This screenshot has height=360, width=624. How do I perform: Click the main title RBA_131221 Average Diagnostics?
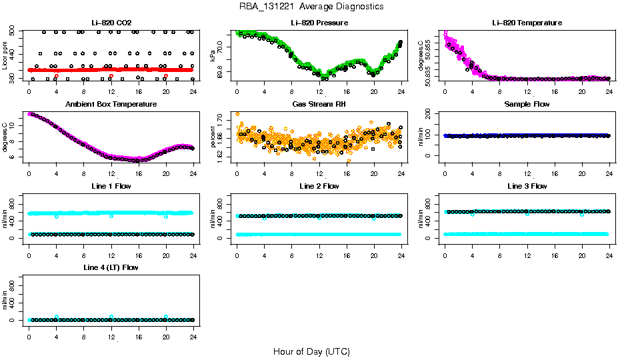point(311,7)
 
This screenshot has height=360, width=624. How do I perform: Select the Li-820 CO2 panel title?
point(111,23)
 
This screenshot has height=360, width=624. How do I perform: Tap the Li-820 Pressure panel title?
point(319,23)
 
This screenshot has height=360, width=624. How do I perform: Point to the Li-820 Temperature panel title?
point(527,23)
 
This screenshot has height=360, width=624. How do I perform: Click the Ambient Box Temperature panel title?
point(111,105)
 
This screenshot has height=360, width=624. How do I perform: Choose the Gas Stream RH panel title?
point(319,105)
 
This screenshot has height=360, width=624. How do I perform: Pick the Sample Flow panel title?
point(527,105)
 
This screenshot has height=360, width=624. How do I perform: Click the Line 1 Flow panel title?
point(111,186)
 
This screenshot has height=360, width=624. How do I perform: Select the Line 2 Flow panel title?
point(319,186)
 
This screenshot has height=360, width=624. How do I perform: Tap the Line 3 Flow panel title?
point(527,186)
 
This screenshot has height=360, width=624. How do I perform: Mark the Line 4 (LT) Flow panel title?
point(111,267)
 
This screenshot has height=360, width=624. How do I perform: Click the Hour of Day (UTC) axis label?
point(311,351)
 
